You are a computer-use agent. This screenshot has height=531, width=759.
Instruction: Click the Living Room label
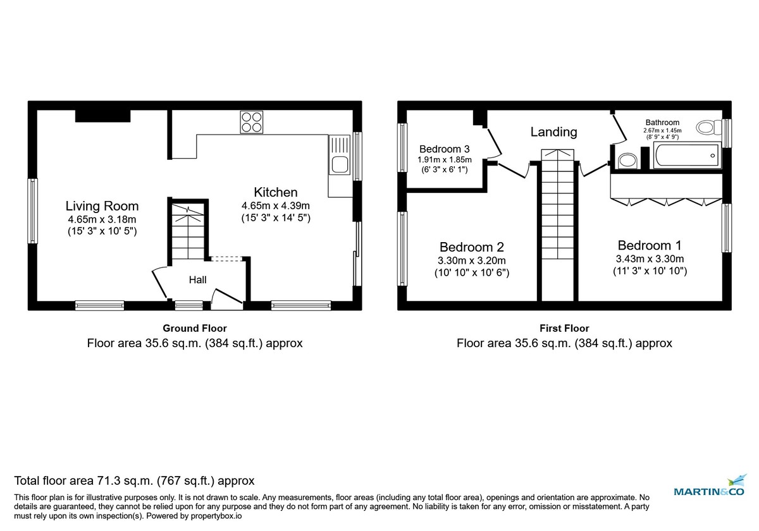102,206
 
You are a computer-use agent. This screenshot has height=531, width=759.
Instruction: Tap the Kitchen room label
275,192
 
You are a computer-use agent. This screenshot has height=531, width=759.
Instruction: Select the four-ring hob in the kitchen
251,121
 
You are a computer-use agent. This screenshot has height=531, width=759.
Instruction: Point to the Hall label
197,279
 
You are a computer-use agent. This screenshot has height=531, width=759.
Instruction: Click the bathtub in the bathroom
686,156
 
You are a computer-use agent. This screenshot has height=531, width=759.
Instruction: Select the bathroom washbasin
627,161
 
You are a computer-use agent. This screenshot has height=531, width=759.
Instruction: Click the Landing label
553,131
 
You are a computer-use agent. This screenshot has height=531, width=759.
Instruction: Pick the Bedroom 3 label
445,149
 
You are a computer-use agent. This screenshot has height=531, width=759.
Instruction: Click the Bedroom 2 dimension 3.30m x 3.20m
472,260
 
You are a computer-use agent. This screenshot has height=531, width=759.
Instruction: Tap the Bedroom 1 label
650,245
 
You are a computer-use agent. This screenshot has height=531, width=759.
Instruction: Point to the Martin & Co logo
710,487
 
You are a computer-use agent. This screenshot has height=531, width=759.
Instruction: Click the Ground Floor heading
194,328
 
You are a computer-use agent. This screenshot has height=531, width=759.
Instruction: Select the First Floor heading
564,328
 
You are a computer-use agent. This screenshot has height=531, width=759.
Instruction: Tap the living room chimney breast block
103,116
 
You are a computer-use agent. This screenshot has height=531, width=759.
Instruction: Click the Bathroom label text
662,123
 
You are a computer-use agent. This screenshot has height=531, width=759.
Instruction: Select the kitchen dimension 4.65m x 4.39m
275,205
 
